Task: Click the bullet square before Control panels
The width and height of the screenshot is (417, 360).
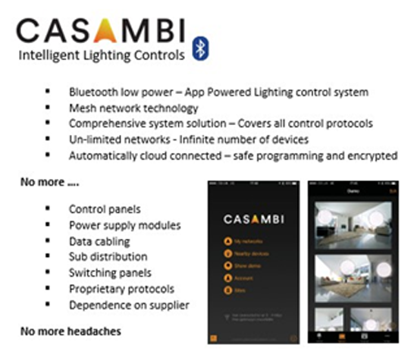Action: click(x=49, y=208)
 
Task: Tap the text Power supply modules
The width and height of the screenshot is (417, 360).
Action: click(x=124, y=224)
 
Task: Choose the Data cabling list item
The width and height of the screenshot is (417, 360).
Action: click(x=99, y=241)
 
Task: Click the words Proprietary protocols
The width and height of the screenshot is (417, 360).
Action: click(x=121, y=289)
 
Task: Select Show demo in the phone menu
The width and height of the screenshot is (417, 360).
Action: click(x=243, y=265)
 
